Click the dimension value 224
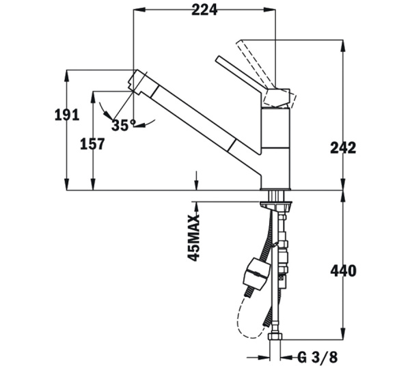[x=204, y=10]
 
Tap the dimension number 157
[x=92, y=144]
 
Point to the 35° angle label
[x=121, y=125]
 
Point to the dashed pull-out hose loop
[x=241, y=317]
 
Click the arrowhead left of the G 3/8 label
[x=264, y=356]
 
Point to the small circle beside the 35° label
[x=135, y=124]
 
